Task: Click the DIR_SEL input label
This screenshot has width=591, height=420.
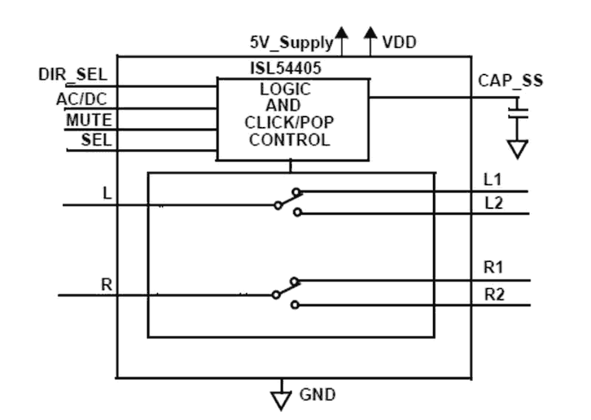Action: pyautogui.click(x=73, y=74)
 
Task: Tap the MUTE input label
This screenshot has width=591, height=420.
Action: pyautogui.click(x=89, y=120)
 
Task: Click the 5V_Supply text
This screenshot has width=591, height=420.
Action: pyautogui.click(x=291, y=43)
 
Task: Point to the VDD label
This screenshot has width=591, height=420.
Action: pyautogui.click(x=399, y=43)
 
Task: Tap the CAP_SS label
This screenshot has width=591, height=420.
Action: pyautogui.click(x=510, y=81)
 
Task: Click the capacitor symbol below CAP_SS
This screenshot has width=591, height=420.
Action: pyautogui.click(x=519, y=113)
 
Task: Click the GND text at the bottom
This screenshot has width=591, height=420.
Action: pyautogui.click(x=318, y=394)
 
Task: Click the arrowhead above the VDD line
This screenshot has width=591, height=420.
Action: pyautogui.click(x=371, y=33)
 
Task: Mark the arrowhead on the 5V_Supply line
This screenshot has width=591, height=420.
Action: pyautogui.click(x=342, y=33)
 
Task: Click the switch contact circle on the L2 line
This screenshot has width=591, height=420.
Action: pyautogui.click(x=297, y=213)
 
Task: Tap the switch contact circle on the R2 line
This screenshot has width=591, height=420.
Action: pyautogui.click(x=295, y=305)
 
